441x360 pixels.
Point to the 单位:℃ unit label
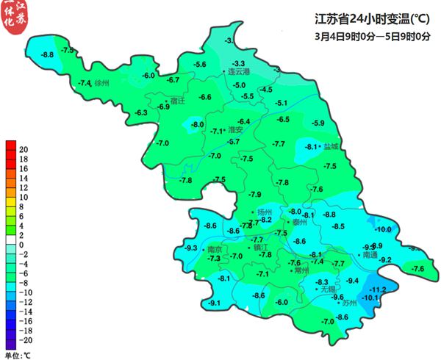(18, 355)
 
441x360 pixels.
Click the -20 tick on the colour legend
(23, 341)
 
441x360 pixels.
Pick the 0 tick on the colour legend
(23, 245)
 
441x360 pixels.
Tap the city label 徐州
(102, 84)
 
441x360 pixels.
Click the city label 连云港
(239, 72)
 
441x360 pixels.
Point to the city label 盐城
(331, 147)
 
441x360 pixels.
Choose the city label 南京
(215, 249)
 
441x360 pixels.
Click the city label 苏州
(349, 303)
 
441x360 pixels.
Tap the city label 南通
(370, 255)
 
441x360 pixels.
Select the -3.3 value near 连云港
(240, 63)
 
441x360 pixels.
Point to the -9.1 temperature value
(215, 303)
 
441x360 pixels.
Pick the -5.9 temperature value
(318, 123)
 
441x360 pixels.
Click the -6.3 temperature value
(140, 112)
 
